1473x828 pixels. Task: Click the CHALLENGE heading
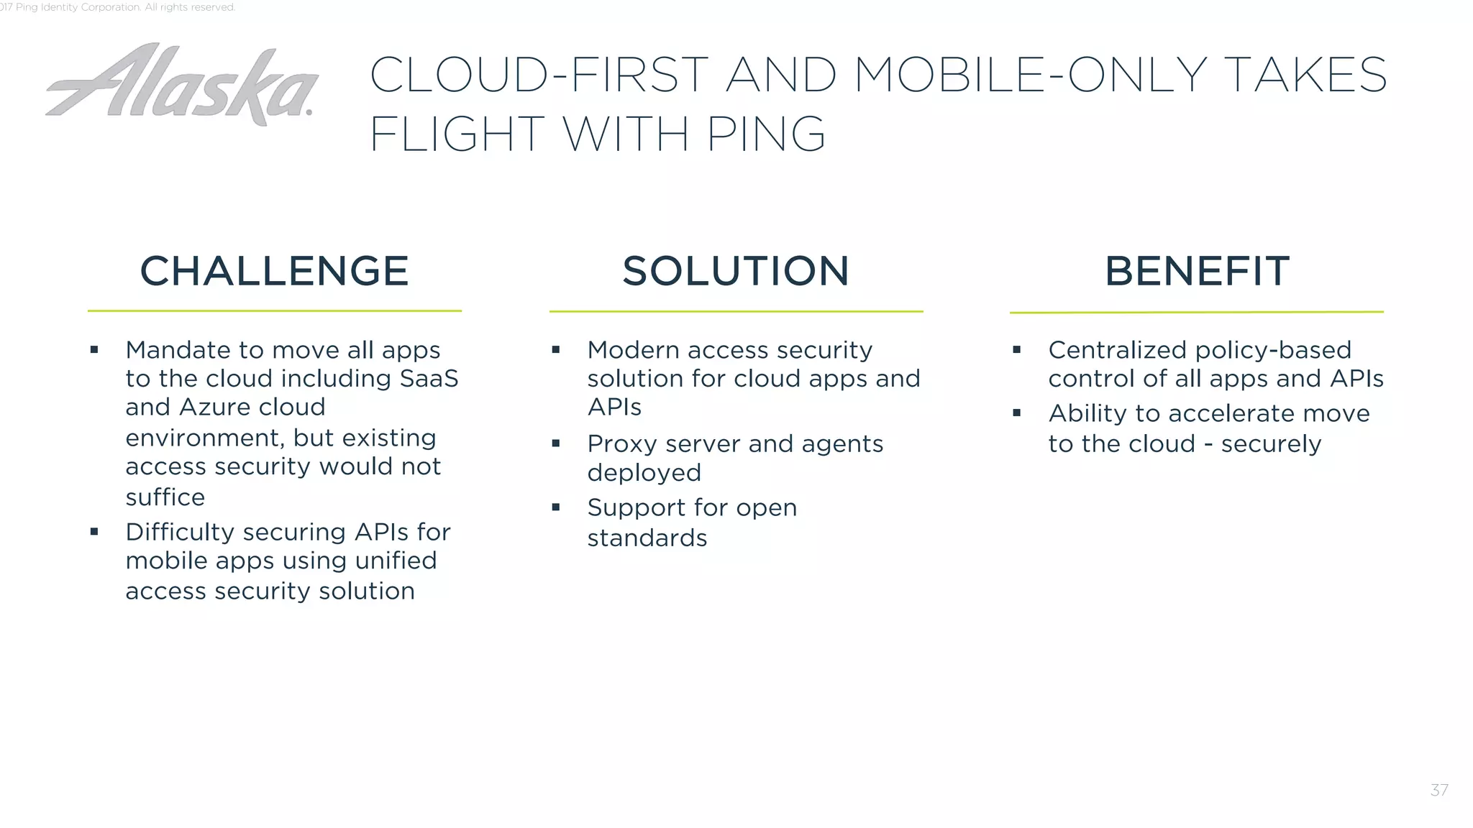(x=274, y=271)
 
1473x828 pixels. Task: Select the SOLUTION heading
(x=736, y=271)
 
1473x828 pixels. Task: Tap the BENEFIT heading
(x=1197, y=271)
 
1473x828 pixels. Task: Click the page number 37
(x=1439, y=791)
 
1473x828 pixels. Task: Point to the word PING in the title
(x=766, y=134)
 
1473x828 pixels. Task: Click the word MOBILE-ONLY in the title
(x=1030, y=75)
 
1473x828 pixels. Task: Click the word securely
(x=1271, y=444)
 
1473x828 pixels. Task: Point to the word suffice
(x=165, y=497)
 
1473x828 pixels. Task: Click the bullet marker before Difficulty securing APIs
(x=94, y=532)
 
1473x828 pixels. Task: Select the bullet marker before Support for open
(x=555, y=507)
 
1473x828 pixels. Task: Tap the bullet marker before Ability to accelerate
(x=1016, y=413)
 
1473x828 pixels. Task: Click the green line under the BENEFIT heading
(x=1196, y=312)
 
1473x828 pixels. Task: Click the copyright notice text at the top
(x=119, y=7)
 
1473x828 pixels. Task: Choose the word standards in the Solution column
(x=647, y=538)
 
